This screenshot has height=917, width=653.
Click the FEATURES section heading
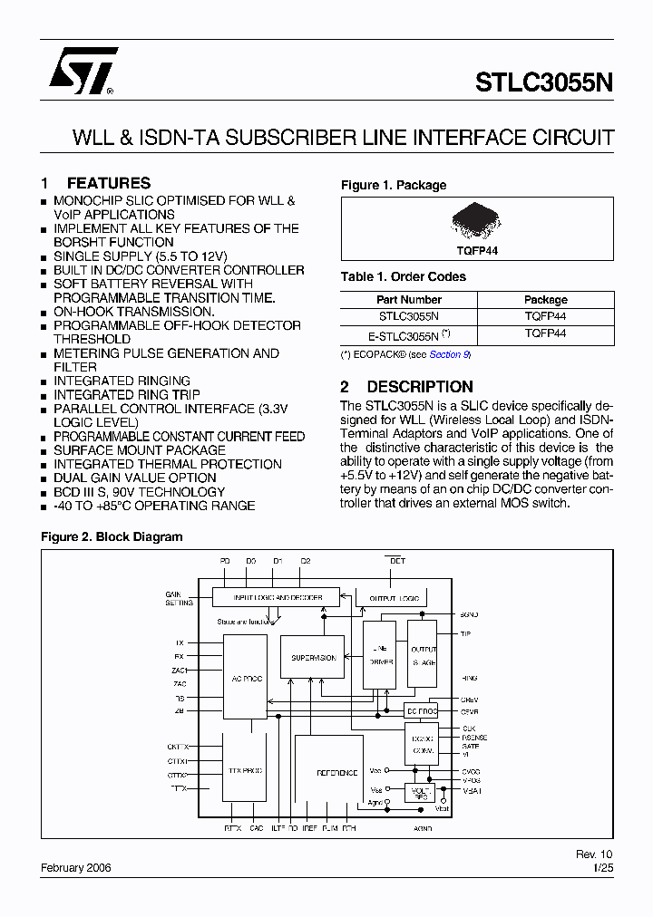(x=108, y=183)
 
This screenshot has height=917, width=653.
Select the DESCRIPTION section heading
(x=419, y=386)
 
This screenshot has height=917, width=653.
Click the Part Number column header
(x=409, y=299)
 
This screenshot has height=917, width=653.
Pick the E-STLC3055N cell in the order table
(x=409, y=333)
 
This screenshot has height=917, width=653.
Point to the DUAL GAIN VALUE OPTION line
(x=134, y=478)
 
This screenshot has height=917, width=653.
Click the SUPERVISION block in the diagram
(x=313, y=658)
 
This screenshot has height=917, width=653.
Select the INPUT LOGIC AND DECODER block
(x=276, y=598)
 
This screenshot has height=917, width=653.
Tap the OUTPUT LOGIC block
(x=396, y=598)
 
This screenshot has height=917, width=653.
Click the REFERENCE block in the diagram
(x=336, y=772)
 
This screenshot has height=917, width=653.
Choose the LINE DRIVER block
(x=379, y=655)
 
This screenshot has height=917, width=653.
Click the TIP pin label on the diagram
(x=465, y=634)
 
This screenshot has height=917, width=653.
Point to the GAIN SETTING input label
(x=180, y=598)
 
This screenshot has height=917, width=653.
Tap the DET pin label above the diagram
(x=396, y=561)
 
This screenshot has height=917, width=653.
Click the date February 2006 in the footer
(x=76, y=867)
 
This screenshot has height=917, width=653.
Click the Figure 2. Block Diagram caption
(x=112, y=536)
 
